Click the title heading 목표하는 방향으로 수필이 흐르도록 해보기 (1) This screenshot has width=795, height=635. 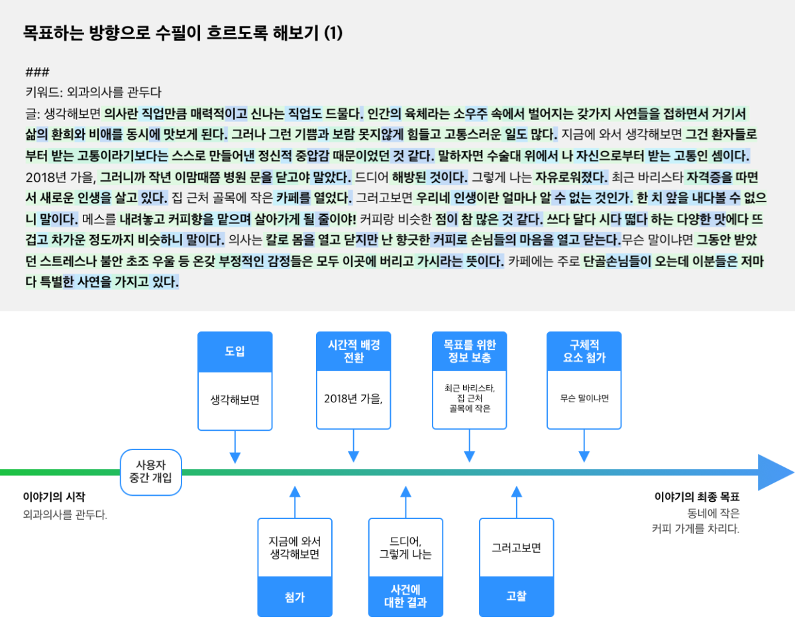183,33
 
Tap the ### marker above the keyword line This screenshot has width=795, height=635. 37,72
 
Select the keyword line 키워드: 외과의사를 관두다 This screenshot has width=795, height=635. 93,92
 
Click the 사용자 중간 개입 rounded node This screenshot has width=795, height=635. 151,472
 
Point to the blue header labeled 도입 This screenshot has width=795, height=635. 235,351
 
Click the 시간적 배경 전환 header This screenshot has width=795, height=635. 354,351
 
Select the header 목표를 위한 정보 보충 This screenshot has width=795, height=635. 469,351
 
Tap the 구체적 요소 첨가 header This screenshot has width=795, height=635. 584,351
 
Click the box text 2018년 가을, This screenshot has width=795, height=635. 353,399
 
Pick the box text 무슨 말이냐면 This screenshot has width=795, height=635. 584,398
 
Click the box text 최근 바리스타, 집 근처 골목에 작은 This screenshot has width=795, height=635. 470,398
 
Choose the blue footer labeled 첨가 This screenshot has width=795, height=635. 295,597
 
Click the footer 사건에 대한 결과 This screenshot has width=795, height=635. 405,597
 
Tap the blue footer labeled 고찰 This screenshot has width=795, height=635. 517,597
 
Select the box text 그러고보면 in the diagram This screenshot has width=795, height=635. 517,548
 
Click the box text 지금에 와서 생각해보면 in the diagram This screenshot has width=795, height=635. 295,548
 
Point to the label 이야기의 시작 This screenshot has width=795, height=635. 54,496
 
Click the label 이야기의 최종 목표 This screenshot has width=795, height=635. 697,496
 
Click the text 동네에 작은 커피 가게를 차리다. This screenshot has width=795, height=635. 696,521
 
